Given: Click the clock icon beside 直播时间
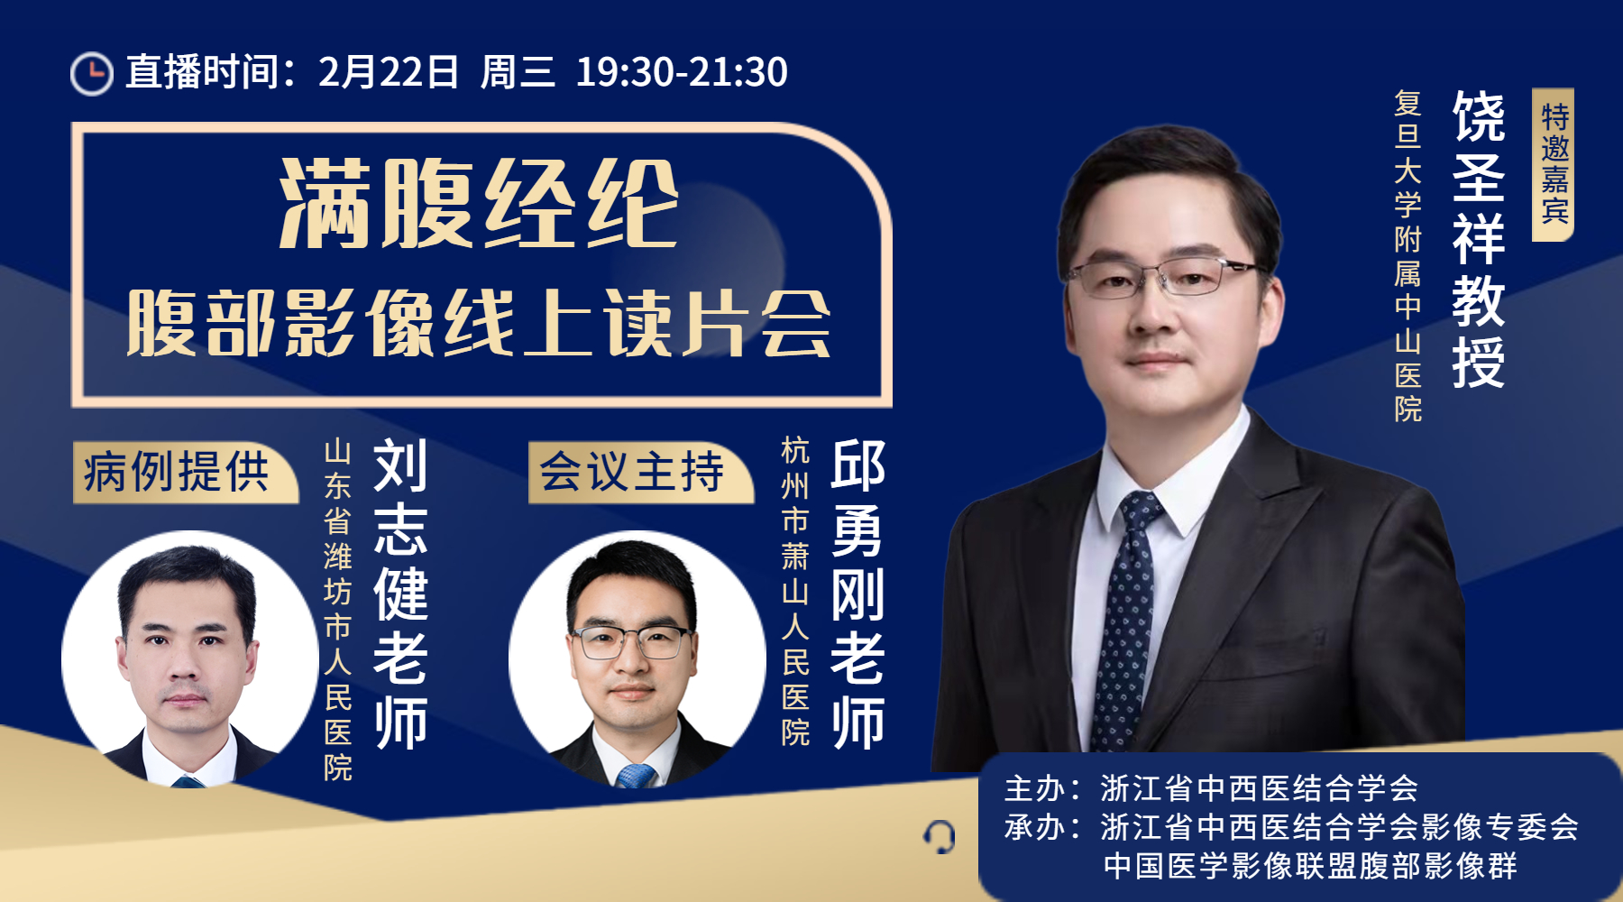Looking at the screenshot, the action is pos(91,73).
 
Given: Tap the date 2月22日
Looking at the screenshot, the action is pos(389,72).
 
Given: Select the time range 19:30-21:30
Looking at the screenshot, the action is pos(682,72).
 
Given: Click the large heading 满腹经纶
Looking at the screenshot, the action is pos(479,204).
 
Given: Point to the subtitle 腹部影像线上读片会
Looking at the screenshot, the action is pos(479,323).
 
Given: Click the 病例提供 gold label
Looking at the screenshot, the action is pos(185,472).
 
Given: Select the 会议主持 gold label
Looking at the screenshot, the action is pos(640,472).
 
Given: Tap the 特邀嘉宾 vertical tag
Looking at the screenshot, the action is pos(1553,164).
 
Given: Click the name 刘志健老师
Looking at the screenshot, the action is pos(400,594).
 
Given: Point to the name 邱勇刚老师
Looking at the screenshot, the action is pos(857,594).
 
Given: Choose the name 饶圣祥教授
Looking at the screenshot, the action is pos(1479,239).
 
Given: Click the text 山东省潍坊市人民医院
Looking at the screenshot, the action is pos(338,610).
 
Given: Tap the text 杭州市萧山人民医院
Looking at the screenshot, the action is pos(795,592).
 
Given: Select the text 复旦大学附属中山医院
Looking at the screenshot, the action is pos(1408,256).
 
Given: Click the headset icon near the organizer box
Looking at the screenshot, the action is pos(940,837).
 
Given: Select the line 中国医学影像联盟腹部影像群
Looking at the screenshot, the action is pos(1310,866).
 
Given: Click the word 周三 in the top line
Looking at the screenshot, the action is pos(518,72).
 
